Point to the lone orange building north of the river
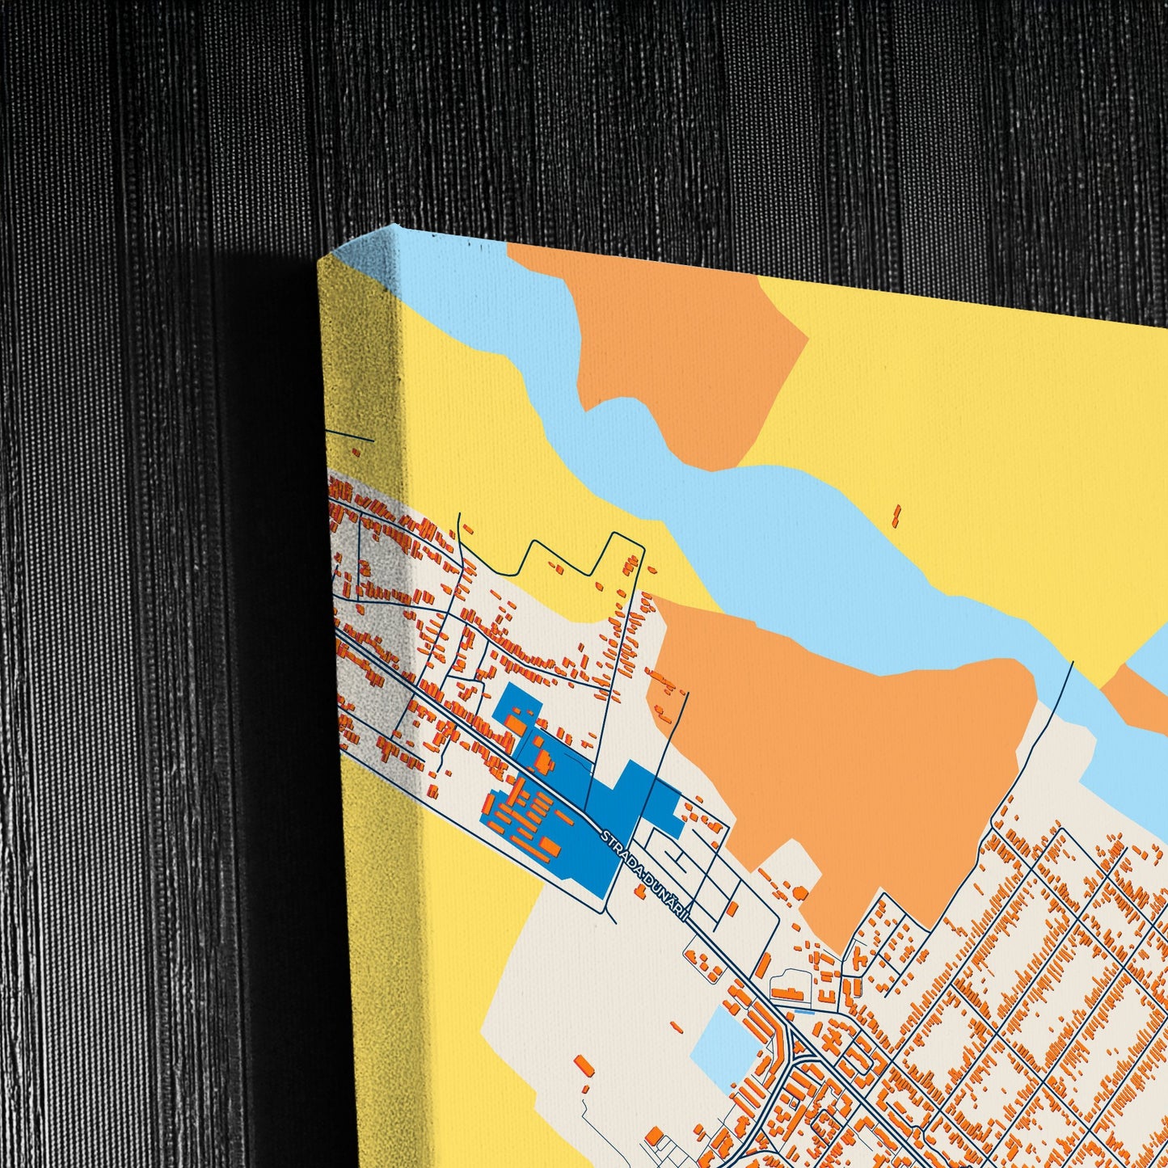point(896,515)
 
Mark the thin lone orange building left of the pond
point(584,1066)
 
